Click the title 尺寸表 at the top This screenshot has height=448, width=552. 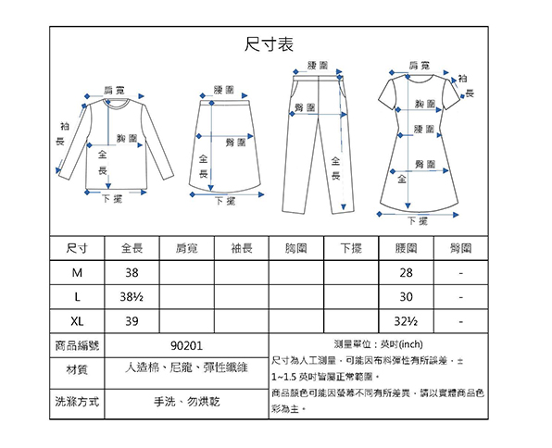269,44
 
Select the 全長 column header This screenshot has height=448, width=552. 132,248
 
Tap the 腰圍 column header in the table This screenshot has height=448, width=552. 406,248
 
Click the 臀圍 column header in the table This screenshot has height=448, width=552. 461,248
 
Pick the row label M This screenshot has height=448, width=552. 77,273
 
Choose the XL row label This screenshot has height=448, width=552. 77,321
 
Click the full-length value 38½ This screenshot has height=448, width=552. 132,297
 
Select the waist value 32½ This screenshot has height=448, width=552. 406,321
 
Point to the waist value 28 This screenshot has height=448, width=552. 406,273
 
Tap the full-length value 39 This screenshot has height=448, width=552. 132,321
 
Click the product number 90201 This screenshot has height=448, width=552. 186,346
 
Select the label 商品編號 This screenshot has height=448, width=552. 77,345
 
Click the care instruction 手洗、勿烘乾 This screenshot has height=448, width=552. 186,402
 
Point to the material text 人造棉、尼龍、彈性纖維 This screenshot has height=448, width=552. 186,367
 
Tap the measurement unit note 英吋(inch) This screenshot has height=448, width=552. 402,344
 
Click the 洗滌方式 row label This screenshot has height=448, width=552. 77,402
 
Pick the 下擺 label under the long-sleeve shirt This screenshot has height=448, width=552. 112,199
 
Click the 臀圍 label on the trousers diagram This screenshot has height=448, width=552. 305,107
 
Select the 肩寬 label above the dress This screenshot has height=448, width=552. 419,66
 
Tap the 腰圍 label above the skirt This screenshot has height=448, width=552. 224,90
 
